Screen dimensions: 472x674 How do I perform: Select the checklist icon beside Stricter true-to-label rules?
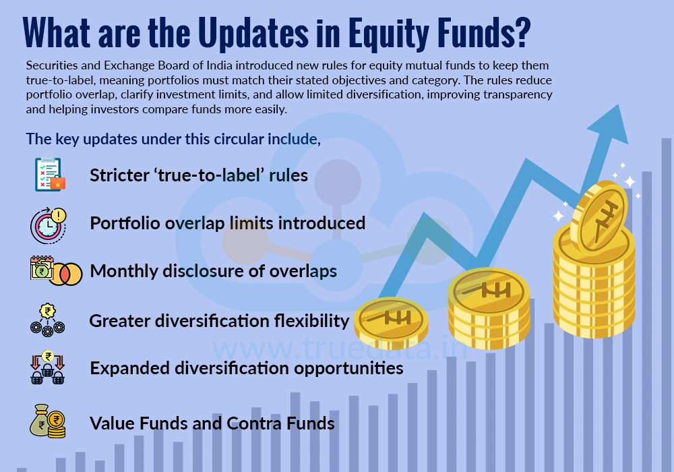(x=49, y=175)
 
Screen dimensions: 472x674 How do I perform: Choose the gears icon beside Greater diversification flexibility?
(x=48, y=320)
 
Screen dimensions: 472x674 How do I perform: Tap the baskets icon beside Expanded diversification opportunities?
(x=48, y=368)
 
